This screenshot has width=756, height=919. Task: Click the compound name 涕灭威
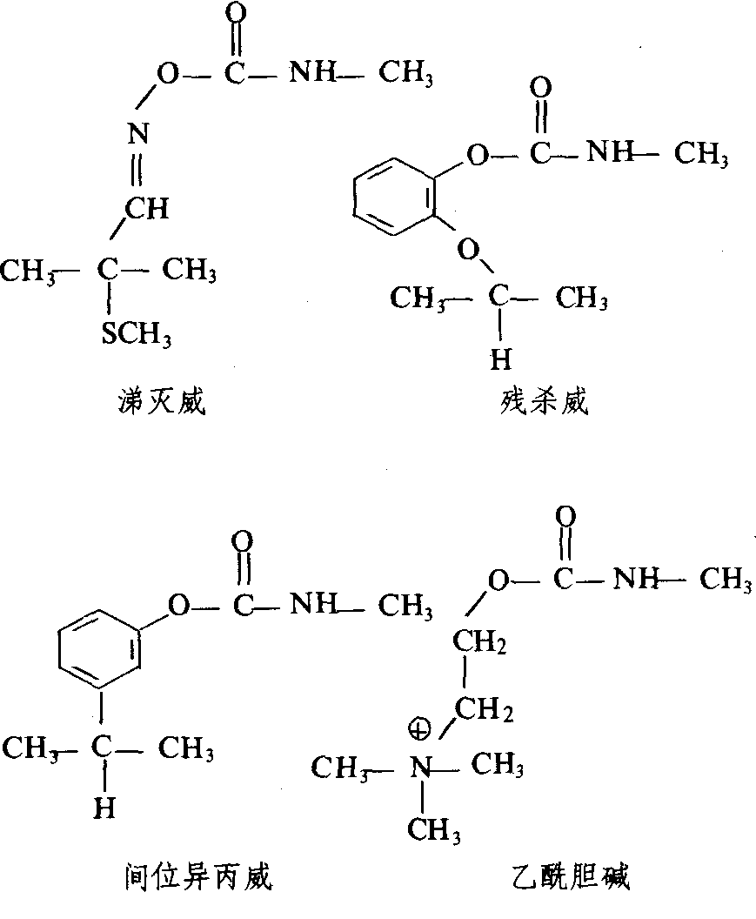click(161, 402)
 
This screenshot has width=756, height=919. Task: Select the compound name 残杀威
click(544, 402)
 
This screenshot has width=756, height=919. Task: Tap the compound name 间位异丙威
click(198, 877)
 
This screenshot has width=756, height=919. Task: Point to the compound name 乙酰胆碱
click(570, 877)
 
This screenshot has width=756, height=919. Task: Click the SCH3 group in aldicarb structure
click(137, 334)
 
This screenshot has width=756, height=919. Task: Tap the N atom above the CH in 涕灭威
click(139, 134)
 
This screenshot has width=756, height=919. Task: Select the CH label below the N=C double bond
click(147, 208)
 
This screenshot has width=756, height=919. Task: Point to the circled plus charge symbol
click(419, 730)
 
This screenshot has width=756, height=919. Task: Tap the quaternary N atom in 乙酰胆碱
click(421, 768)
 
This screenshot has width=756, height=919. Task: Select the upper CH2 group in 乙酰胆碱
click(478, 641)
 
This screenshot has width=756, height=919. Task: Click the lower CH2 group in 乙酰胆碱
click(484, 709)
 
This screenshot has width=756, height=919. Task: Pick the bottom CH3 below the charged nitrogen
click(434, 830)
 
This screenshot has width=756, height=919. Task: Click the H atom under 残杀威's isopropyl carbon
click(500, 359)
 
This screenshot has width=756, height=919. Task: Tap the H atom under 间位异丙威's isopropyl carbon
click(104, 808)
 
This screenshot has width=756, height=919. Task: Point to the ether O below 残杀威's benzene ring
click(469, 251)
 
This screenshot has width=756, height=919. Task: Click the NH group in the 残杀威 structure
click(611, 152)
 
